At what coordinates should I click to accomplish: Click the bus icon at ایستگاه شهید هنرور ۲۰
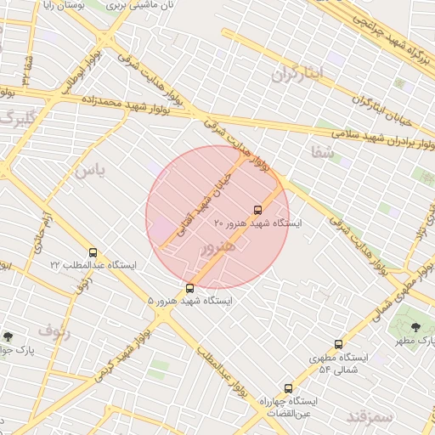tap(257, 210)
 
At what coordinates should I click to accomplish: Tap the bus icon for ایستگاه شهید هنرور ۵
tap(189, 288)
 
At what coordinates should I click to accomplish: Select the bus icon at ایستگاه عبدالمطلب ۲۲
tap(93, 252)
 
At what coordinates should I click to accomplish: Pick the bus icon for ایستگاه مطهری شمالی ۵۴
tap(338, 344)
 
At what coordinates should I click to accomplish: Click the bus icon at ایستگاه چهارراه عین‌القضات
tap(288, 387)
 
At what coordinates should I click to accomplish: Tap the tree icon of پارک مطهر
tap(415, 327)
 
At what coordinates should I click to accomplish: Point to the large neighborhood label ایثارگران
tap(298, 75)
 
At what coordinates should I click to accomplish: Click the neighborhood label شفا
tap(324, 154)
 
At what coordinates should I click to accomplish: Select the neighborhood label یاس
tap(89, 171)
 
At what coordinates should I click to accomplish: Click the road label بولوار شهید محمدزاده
tap(128, 103)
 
